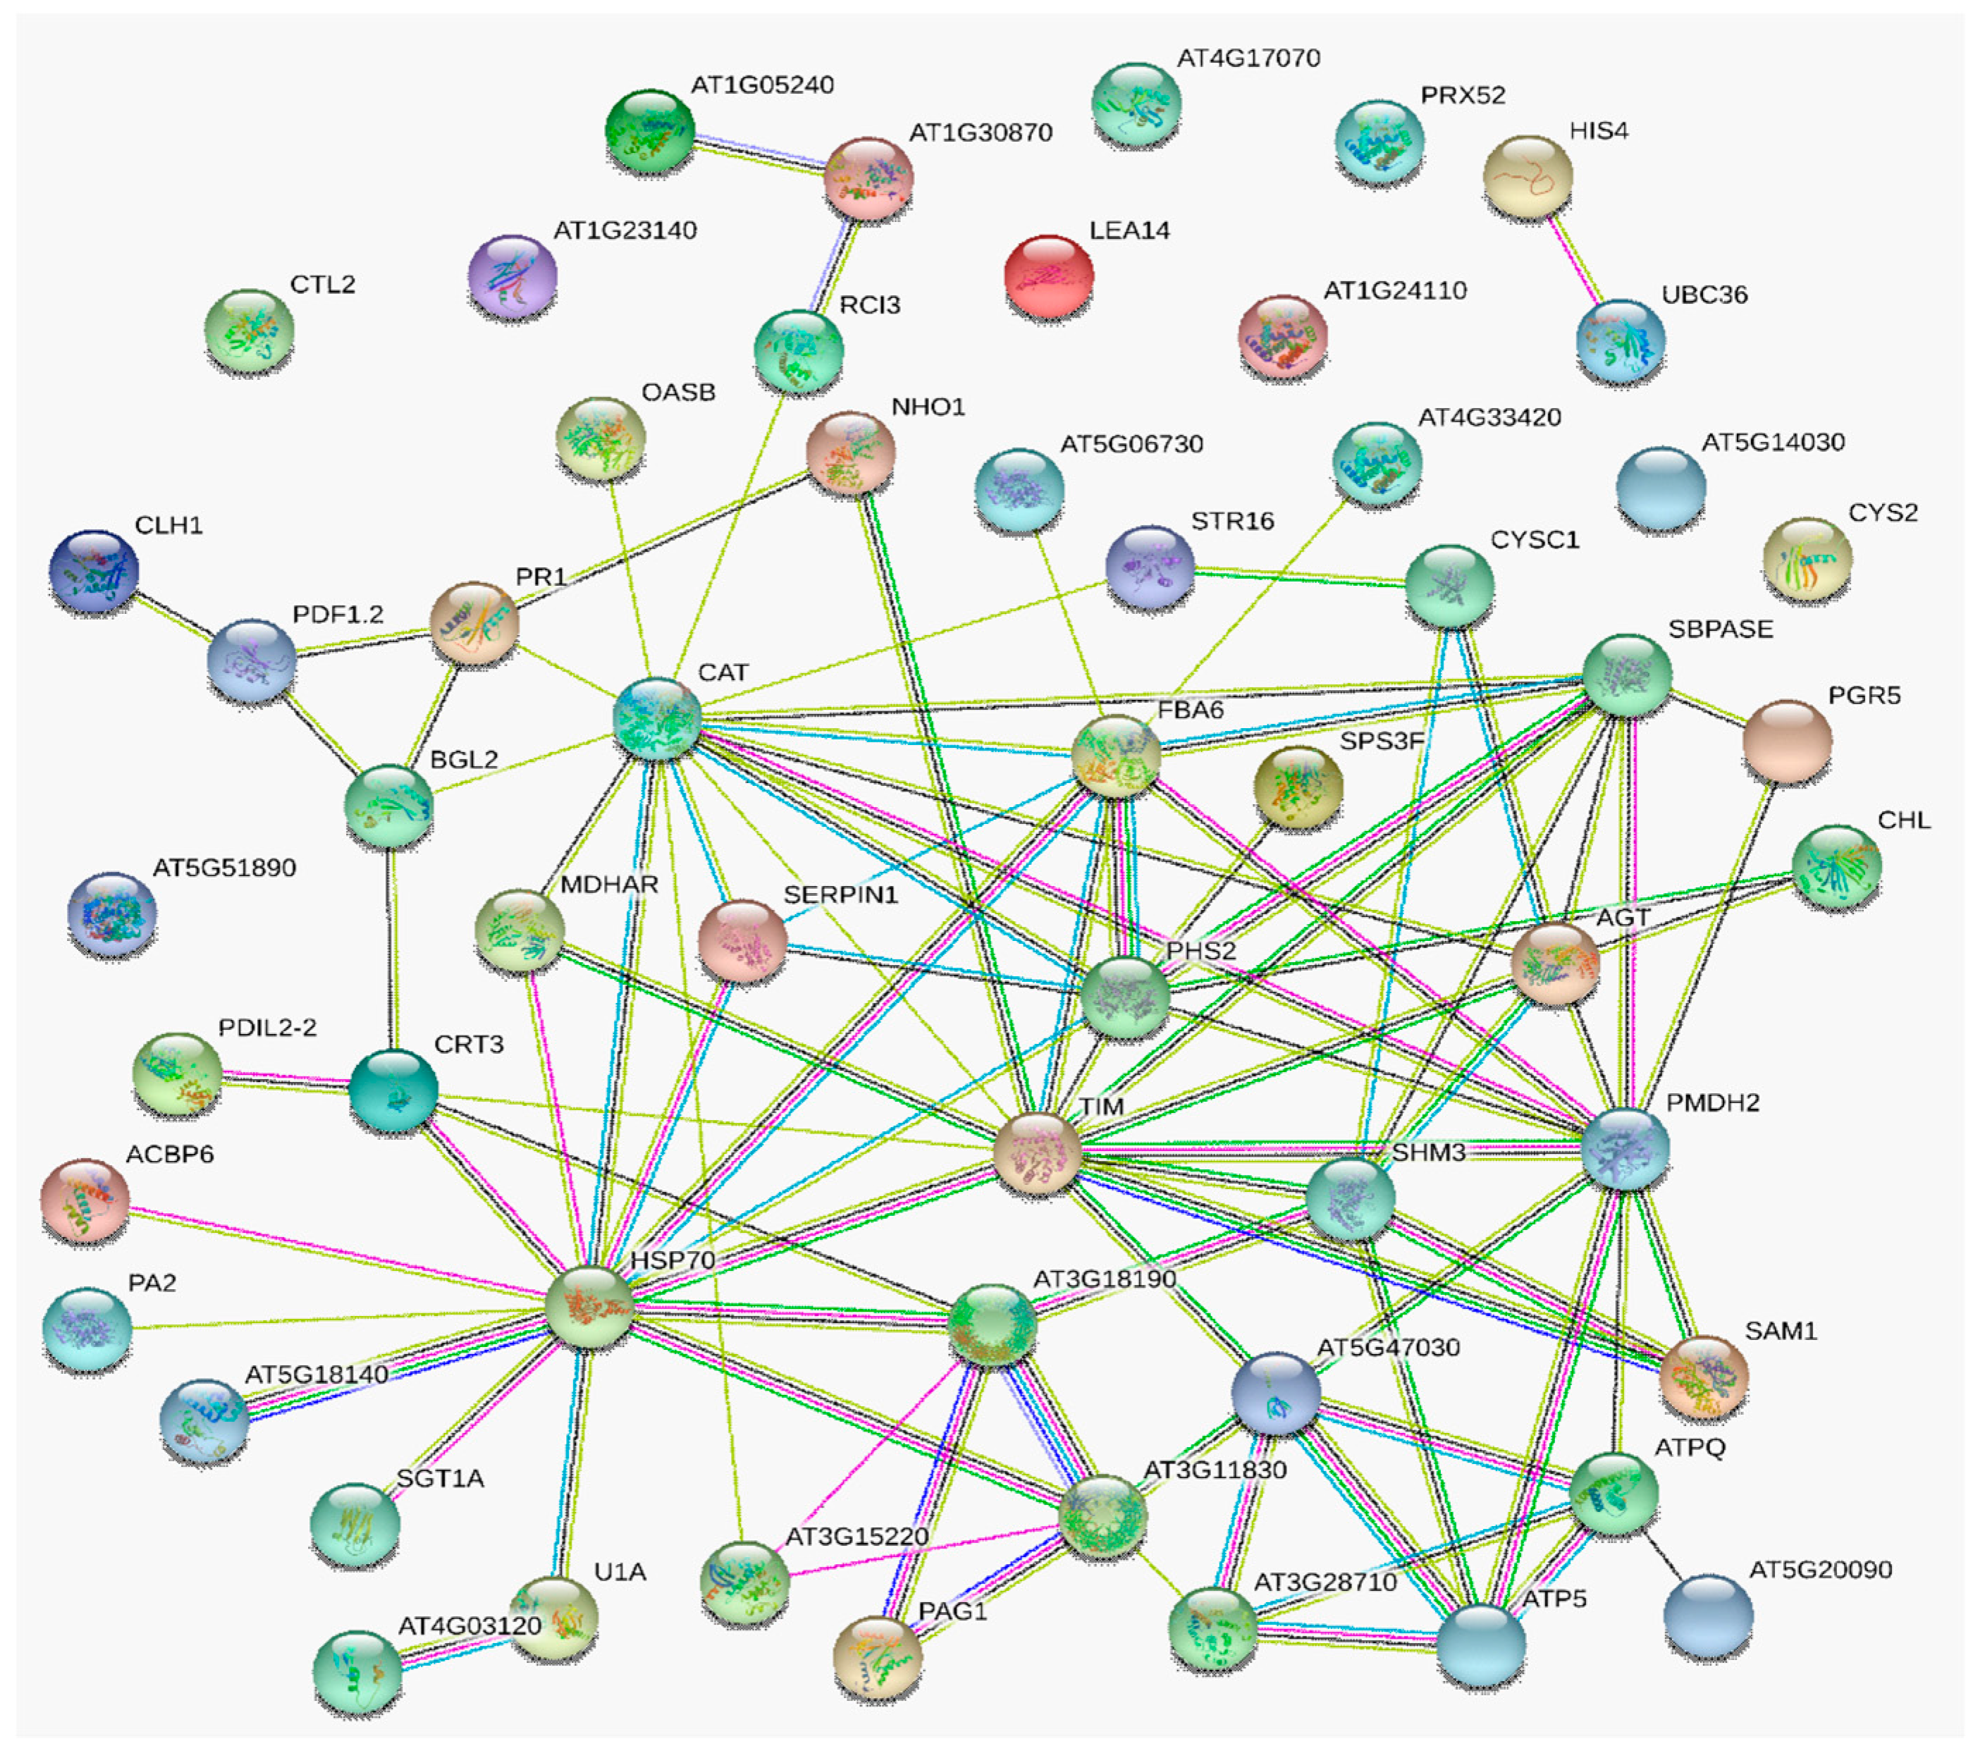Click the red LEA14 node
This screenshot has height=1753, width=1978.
pos(1049,276)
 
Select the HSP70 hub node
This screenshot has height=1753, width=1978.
pos(589,1305)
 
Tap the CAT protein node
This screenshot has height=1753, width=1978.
pos(657,718)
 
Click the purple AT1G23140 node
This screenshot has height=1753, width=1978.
pos(512,276)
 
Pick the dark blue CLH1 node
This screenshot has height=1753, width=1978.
pos(93,571)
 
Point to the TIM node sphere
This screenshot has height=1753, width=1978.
pos(1038,1152)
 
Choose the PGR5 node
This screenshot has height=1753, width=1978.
pos(1786,740)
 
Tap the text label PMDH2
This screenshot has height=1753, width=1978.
pos(1712,1102)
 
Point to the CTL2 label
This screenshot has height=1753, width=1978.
pos(322,285)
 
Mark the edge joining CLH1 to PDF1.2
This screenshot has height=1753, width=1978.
pos(174,615)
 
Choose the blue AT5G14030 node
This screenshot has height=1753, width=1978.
pos(1661,488)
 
